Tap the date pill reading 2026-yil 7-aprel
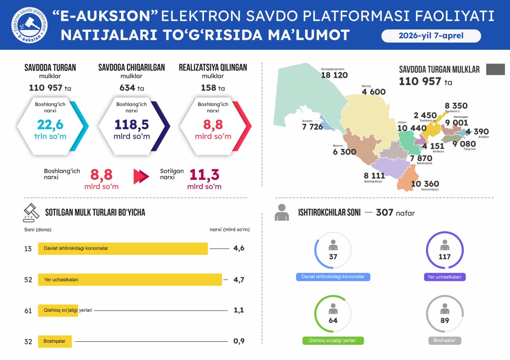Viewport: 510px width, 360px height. (x=431, y=36)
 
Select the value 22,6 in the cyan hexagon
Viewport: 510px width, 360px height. (x=50, y=125)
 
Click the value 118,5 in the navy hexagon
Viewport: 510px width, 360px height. (x=131, y=125)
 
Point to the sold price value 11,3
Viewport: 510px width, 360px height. (x=204, y=175)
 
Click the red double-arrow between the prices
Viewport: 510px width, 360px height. (x=141, y=176)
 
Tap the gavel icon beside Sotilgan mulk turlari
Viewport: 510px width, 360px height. (x=31, y=213)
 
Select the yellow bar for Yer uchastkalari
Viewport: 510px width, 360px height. (x=130, y=280)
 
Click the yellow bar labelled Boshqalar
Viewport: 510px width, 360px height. (x=55, y=341)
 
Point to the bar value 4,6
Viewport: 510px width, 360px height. (x=239, y=248)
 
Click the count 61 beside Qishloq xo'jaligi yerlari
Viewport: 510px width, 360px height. (x=28, y=311)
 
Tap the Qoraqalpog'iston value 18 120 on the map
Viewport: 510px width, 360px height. (x=334, y=75)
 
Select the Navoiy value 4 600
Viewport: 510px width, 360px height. (x=373, y=92)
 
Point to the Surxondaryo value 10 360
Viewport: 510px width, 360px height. (x=425, y=184)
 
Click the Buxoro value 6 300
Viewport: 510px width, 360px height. (x=345, y=152)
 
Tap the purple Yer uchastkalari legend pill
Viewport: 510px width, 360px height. (x=445, y=277)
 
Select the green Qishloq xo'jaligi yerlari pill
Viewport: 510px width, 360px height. (x=333, y=341)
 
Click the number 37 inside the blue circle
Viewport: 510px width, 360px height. (x=333, y=257)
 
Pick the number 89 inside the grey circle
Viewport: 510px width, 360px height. (x=445, y=321)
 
